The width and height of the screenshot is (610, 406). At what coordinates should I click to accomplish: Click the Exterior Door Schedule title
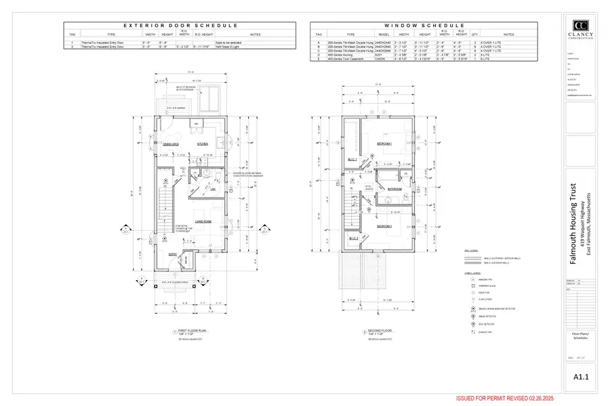(180, 25)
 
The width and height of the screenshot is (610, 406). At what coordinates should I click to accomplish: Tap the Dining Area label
(170, 144)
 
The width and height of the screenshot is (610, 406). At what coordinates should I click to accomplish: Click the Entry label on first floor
(173, 254)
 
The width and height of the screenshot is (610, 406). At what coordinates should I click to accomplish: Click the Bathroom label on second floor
(395, 189)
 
